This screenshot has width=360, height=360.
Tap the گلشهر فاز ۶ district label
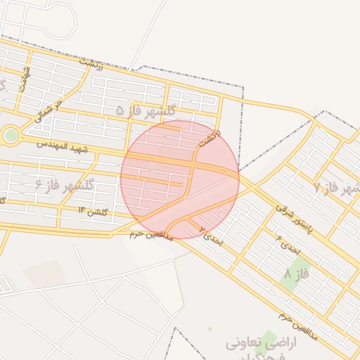click(x=65, y=185)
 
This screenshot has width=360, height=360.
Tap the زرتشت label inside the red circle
click(x=210, y=138)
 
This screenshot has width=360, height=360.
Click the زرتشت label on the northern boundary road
click(x=92, y=65)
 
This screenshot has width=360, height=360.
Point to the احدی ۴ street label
click(x=289, y=243)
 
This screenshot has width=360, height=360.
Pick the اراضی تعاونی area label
click(x=262, y=344)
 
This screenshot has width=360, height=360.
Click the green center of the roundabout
click(x=11, y=136)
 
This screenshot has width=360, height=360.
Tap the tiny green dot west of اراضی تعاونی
click(x=210, y=328)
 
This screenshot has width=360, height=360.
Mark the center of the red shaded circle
click(x=180, y=179)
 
